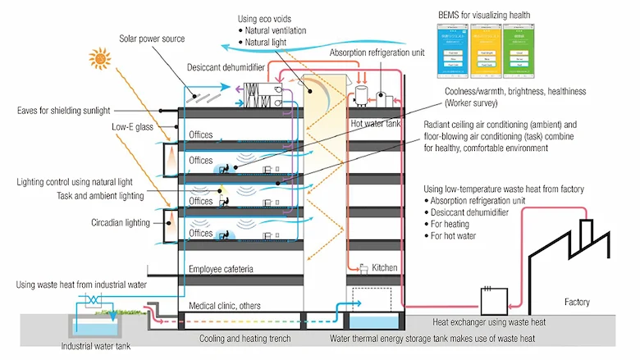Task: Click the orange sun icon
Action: pyautogui.click(x=100, y=58)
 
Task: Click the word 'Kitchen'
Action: pyautogui.click(x=385, y=267)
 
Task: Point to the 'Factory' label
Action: pyautogui.click(x=576, y=303)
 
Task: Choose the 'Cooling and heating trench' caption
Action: pyautogui.click(x=246, y=338)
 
